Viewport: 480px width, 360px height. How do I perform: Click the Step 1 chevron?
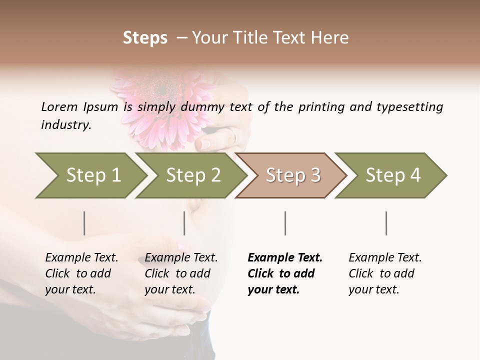click(x=90, y=175)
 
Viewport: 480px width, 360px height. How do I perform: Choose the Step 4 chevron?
click(x=391, y=175)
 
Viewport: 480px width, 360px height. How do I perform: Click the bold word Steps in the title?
click(x=145, y=38)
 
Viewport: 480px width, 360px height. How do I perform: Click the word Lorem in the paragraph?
click(x=59, y=106)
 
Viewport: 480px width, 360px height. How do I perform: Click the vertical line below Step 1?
click(x=84, y=223)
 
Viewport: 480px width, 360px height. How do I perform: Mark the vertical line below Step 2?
click(x=184, y=223)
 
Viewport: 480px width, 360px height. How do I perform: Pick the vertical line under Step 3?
click(x=285, y=223)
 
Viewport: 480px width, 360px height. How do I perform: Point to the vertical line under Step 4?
click(x=386, y=223)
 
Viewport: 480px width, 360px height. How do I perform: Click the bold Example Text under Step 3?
click(x=285, y=258)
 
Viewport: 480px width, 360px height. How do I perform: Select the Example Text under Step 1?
click(x=81, y=258)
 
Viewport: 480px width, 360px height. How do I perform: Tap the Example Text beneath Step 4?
click(x=385, y=258)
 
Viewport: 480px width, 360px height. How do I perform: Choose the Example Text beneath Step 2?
click(x=181, y=258)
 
